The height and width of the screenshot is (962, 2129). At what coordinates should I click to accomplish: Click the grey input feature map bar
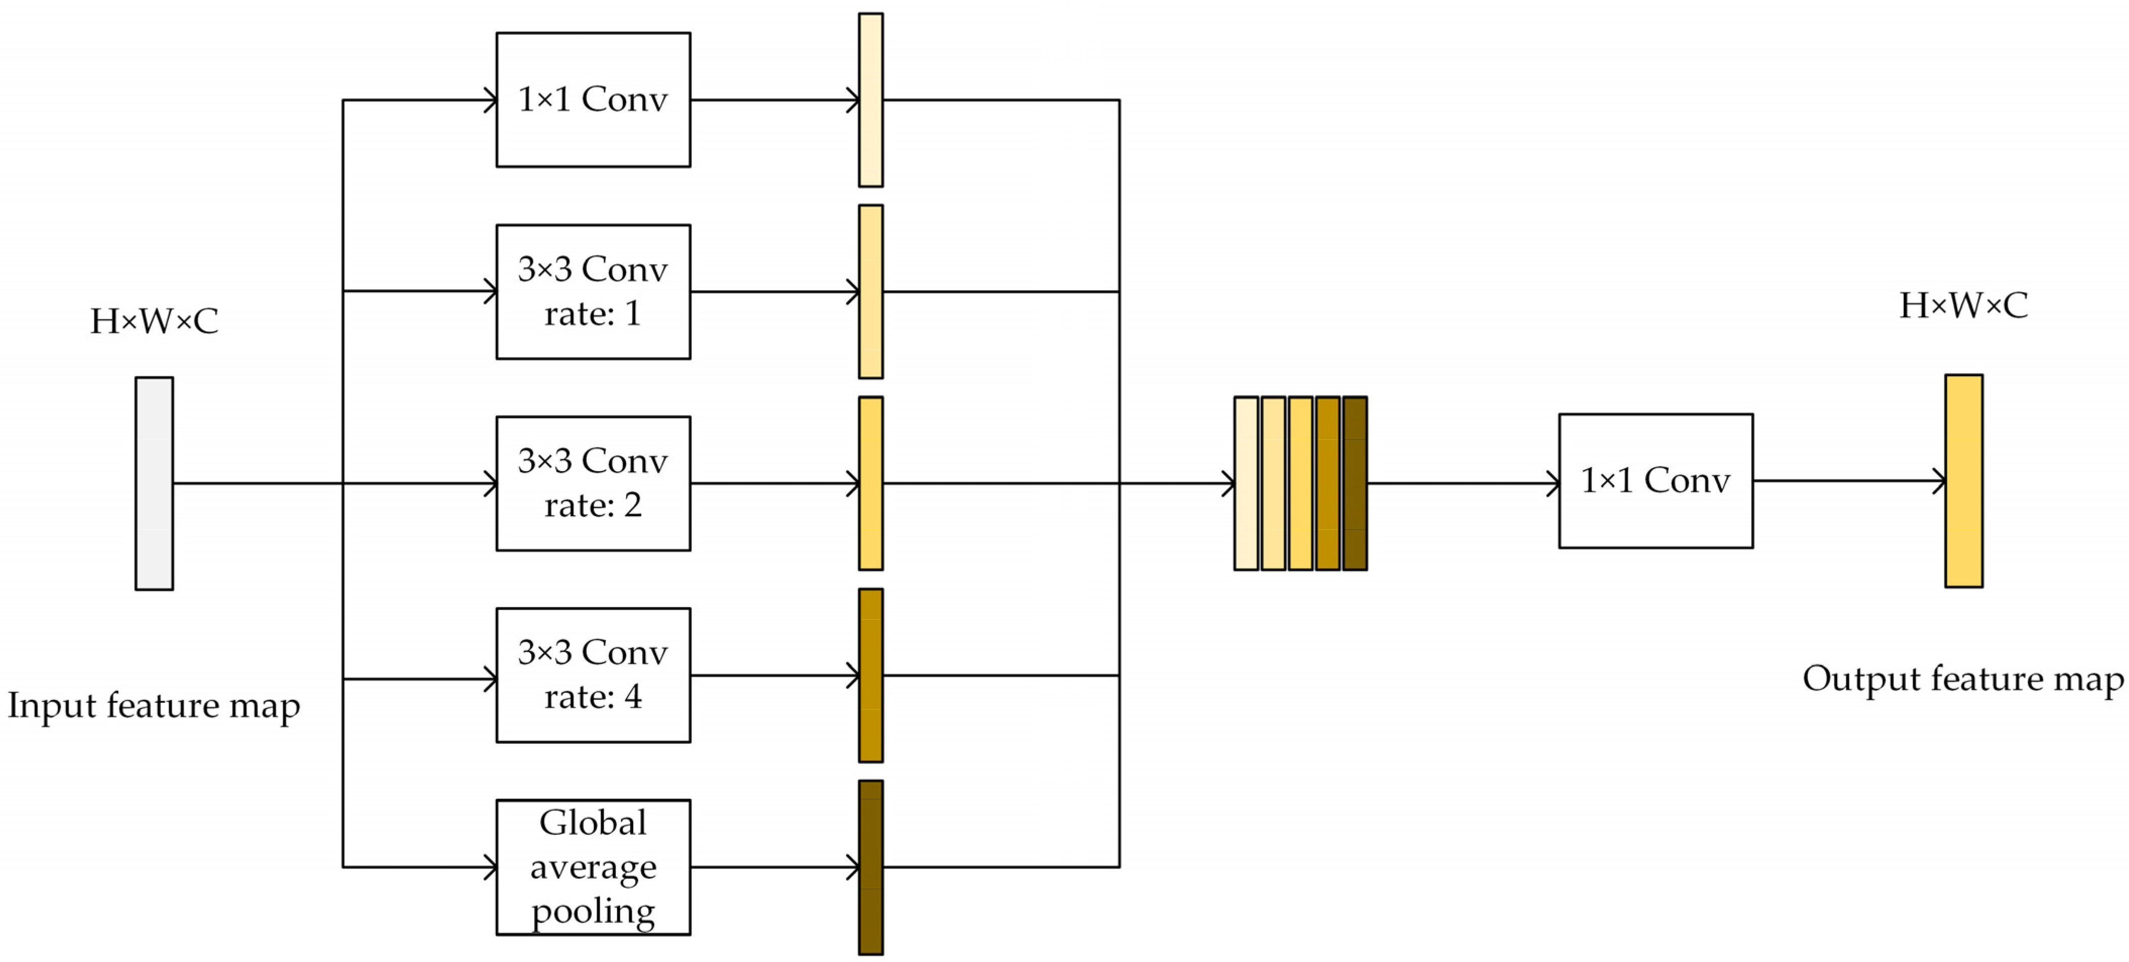153,483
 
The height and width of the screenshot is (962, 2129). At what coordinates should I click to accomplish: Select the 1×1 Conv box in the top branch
593,100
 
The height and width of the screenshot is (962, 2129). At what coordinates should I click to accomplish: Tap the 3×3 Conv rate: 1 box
593,292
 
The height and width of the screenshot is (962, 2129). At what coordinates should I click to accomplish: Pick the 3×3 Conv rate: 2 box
593,483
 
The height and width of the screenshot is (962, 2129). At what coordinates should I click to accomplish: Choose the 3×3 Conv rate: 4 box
593,675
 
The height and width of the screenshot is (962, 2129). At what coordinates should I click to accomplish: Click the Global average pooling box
593,867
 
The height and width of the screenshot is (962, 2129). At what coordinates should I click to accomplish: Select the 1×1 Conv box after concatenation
1655,481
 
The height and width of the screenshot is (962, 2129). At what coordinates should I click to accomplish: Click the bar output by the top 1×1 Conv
870,100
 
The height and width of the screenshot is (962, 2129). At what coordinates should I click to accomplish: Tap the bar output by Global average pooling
870,867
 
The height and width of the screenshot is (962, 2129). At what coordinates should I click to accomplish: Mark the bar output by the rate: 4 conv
870,675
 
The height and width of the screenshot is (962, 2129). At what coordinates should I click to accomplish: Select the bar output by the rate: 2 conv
870,483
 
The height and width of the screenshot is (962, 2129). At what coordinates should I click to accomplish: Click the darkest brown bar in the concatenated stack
1355,483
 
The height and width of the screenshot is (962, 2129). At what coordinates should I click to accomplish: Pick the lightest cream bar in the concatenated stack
1245,483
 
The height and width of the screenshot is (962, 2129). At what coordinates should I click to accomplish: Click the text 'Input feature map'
153,706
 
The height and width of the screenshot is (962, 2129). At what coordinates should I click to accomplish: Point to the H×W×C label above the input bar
153,321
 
